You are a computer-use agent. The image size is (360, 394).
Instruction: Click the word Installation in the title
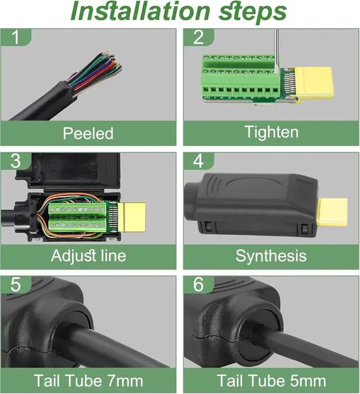pyautogui.click(x=136, y=12)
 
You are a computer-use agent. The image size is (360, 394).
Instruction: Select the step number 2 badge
pyautogui.click(x=199, y=37)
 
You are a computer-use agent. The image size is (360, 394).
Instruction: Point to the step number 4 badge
pyautogui.click(x=199, y=161)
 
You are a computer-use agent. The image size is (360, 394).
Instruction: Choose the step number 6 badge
pyautogui.click(x=199, y=284)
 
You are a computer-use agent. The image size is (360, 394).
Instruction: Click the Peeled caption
pyautogui.click(x=88, y=134)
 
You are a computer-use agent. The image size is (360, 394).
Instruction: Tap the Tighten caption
pyautogui.click(x=271, y=133)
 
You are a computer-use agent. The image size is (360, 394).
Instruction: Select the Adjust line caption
pyautogui.click(x=88, y=256)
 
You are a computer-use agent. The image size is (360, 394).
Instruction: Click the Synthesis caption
pyautogui.click(x=271, y=256)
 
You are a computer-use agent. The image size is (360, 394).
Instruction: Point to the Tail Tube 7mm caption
pyautogui.click(x=88, y=381)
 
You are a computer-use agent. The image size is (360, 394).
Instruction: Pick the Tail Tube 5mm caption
pyautogui.click(x=271, y=381)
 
